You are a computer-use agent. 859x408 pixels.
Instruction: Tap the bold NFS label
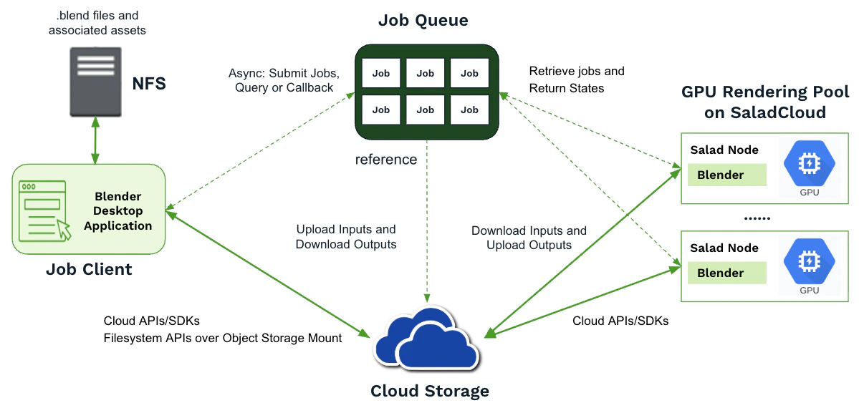click(149, 84)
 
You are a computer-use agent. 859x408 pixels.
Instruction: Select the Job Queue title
click(423, 21)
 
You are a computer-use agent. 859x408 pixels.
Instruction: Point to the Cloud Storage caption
click(429, 391)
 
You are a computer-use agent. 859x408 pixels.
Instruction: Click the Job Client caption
click(89, 270)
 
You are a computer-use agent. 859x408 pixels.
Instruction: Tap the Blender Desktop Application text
click(117, 211)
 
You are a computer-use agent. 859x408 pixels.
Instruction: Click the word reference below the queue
click(386, 159)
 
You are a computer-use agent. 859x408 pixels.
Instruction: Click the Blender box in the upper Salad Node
click(726, 175)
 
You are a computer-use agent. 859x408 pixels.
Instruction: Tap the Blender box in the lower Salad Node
click(726, 273)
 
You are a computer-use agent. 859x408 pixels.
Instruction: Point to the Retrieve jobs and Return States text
click(577, 79)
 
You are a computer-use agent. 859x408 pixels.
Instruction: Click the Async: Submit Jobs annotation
click(284, 80)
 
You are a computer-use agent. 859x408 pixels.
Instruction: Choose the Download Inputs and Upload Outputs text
click(529, 238)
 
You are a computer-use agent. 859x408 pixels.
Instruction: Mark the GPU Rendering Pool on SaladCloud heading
click(764, 102)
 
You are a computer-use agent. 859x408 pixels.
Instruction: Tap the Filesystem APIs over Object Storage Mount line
click(223, 338)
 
